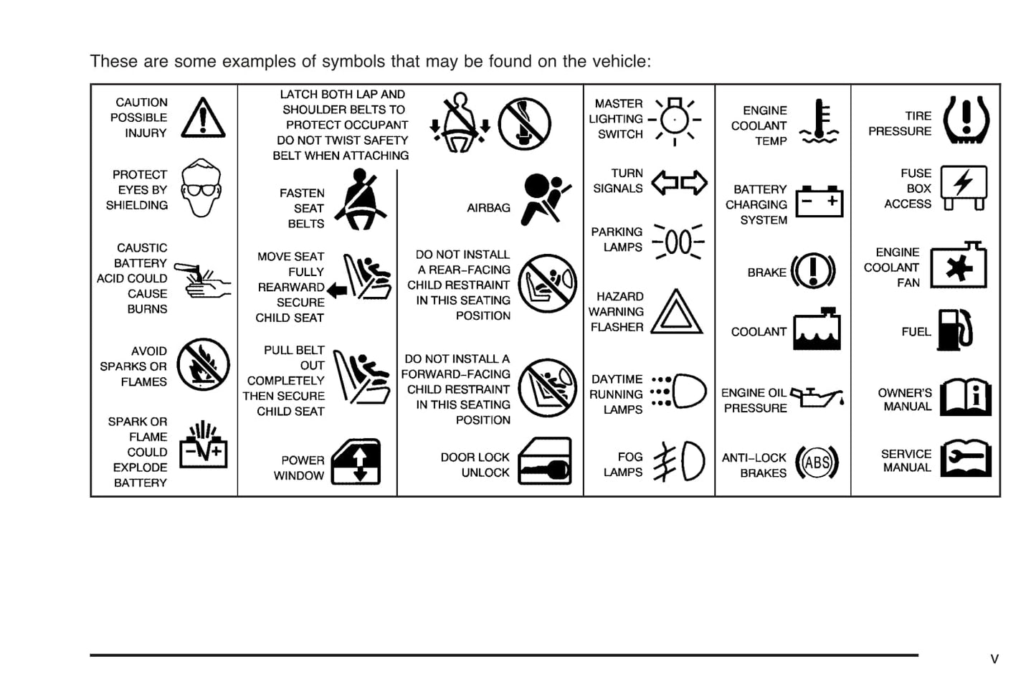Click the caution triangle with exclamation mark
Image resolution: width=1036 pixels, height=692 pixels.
click(x=203, y=118)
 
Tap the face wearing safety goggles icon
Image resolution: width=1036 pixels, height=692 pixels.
click(x=201, y=188)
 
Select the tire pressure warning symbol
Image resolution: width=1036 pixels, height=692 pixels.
click(x=966, y=120)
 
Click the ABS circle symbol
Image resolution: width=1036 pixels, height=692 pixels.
click(x=817, y=463)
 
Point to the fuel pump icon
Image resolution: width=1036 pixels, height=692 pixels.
click(x=955, y=331)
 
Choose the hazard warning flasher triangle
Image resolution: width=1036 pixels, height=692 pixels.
click(x=677, y=313)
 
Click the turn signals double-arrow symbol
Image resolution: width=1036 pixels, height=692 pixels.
click(x=679, y=183)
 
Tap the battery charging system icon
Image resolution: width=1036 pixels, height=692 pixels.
click(x=819, y=200)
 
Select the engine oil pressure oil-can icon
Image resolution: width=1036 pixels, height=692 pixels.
click(x=817, y=397)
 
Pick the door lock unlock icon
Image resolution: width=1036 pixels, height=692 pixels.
click(x=545, y=462)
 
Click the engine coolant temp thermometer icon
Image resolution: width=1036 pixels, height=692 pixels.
click(x=819, y=121)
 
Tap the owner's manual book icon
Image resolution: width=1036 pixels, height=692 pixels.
click(x=965, y=397)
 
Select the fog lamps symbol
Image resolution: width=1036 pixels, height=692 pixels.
click(x=680, y=461)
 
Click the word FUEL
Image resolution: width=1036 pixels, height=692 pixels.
click(x=916, y=332)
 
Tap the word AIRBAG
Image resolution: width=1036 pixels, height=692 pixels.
click(x=488, y=208)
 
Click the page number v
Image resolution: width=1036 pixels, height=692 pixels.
click(x=994, y=659)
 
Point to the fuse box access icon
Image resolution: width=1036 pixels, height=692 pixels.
click(x=964, y=186)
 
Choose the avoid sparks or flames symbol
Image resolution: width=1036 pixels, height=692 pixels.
click(x=203, y=364)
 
